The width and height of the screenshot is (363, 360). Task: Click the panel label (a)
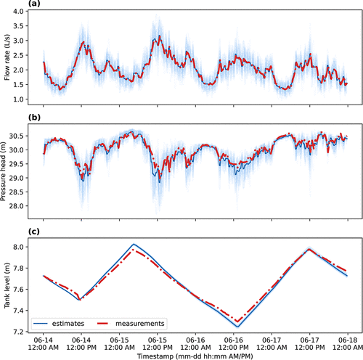[x=34, y=4]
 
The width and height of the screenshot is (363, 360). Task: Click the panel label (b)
[x=34, y=118]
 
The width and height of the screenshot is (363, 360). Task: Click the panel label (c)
[x=34, y=232]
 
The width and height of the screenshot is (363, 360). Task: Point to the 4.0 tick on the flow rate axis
[x=18, y=12]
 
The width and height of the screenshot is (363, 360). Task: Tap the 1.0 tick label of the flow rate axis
[x=18, y=99]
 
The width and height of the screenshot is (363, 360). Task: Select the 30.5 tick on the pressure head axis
[x=16, y=136]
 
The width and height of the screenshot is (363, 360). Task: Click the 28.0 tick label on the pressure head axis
[x=16, y=206]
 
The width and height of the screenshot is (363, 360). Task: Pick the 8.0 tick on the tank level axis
[x=18, y=247]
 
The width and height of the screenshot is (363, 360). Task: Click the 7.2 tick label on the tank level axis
[x=18, y=332]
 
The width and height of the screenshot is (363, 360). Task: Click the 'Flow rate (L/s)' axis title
[x=7, y=57]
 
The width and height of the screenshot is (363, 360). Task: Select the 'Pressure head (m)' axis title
[x=3, y=171]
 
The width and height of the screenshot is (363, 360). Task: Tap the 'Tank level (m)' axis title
[x=7, y=285]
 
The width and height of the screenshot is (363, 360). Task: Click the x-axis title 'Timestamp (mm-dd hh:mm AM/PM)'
[x=195, y=356]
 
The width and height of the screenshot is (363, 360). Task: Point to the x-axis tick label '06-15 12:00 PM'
[x=158, y=344]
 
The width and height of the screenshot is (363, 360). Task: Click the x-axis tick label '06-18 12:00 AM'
[x=348, y=344]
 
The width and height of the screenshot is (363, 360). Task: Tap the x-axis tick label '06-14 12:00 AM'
[x=44, y=344]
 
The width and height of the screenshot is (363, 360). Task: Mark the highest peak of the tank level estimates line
[x=134, y=244]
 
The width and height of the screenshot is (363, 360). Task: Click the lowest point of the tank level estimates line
[x=237, y=327]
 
